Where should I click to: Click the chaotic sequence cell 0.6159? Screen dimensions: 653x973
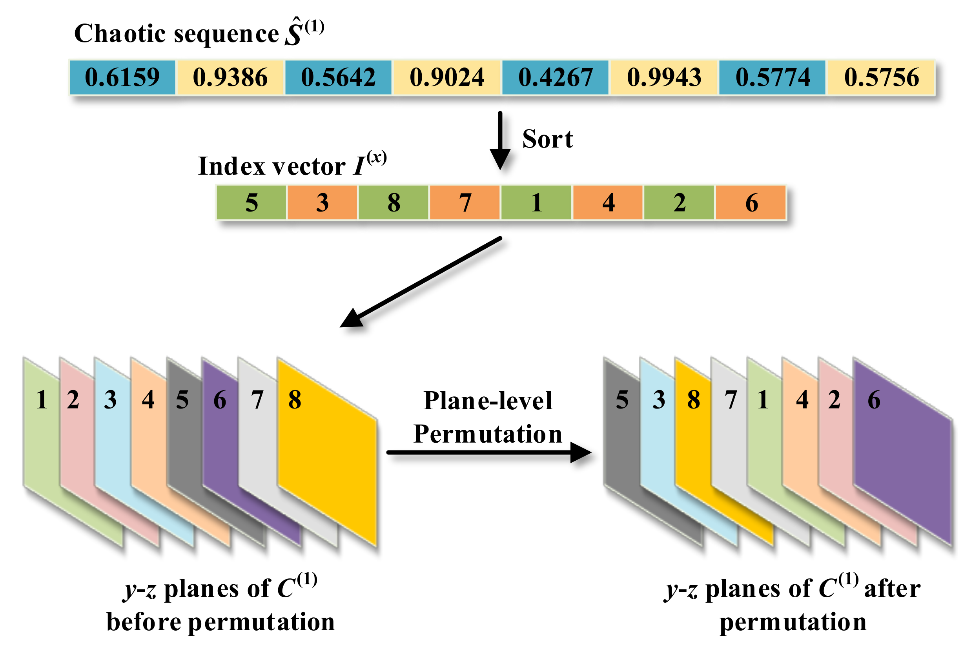coord(122,77)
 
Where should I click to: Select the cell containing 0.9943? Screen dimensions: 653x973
coord(664,77)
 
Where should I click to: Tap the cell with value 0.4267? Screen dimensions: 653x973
coord(555,77)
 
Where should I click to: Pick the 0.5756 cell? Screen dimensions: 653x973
coord(881,77)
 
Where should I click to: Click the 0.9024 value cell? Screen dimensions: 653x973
coord(447,77)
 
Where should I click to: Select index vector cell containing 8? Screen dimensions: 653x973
coord(394,203)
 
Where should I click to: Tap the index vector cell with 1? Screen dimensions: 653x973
coord(536,203)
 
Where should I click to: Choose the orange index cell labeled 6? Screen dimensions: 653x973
coord(751,203)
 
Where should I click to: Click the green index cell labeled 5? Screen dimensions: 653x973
coord(251,203)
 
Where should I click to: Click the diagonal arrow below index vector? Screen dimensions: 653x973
coord(421,283)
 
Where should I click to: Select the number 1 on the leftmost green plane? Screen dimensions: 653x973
coord(41,400)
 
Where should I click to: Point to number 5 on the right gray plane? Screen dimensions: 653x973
coord(621,400)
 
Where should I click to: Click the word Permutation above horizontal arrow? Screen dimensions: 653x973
coord(488,434)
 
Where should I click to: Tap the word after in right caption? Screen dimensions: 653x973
coord(892,589)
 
